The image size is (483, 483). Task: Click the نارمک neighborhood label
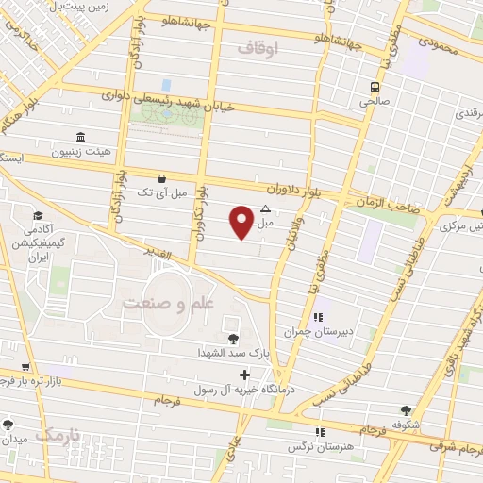tap(58, 434)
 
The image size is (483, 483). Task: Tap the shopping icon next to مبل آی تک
tap(162, 177)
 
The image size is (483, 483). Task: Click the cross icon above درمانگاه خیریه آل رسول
tap(245, 375)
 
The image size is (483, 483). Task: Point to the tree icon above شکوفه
tap(406, 410)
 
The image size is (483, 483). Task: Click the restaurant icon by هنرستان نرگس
tap(321, 431)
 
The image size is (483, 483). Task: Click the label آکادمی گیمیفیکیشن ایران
tap(42, 243)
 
